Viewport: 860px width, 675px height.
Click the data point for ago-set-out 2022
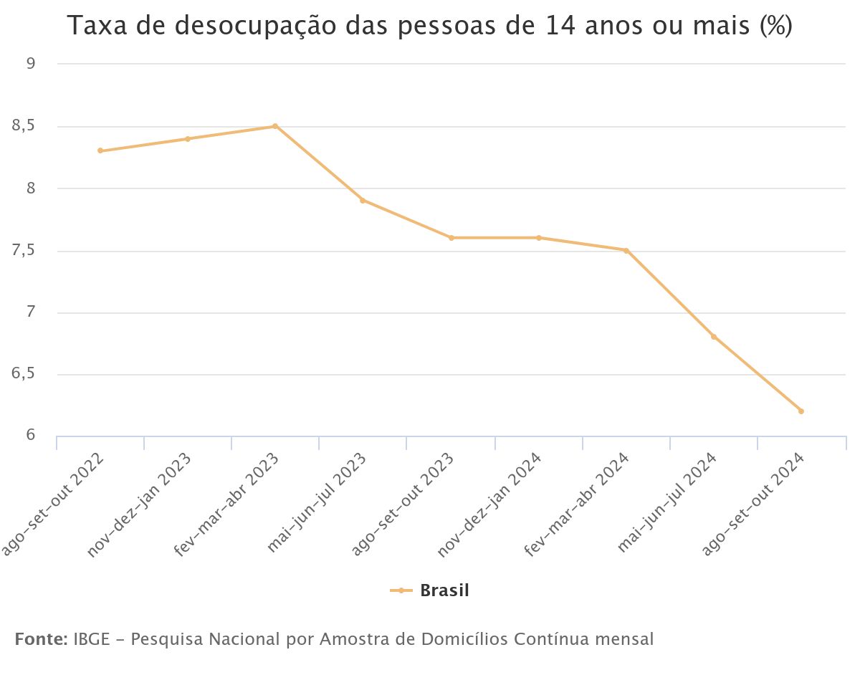click(x=100, y=150)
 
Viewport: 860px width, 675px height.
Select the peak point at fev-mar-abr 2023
click(x=275, y=126)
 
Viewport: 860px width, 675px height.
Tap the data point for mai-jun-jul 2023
click(x=363, y=201)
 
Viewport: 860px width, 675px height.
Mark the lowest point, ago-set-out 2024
click(x=801, y=411)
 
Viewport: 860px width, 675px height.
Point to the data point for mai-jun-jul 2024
click(x=713, y=337)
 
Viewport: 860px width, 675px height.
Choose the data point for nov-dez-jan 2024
click(x=538, y=238)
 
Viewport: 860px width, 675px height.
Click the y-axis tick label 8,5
click(x=24, y=127)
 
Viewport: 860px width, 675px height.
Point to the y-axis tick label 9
click(x=31, y=64)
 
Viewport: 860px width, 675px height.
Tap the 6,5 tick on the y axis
click(x=24, y=375)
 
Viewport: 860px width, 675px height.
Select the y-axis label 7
click(x=31, y=313)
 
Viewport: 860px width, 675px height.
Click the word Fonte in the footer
click(x=41, y=638)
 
